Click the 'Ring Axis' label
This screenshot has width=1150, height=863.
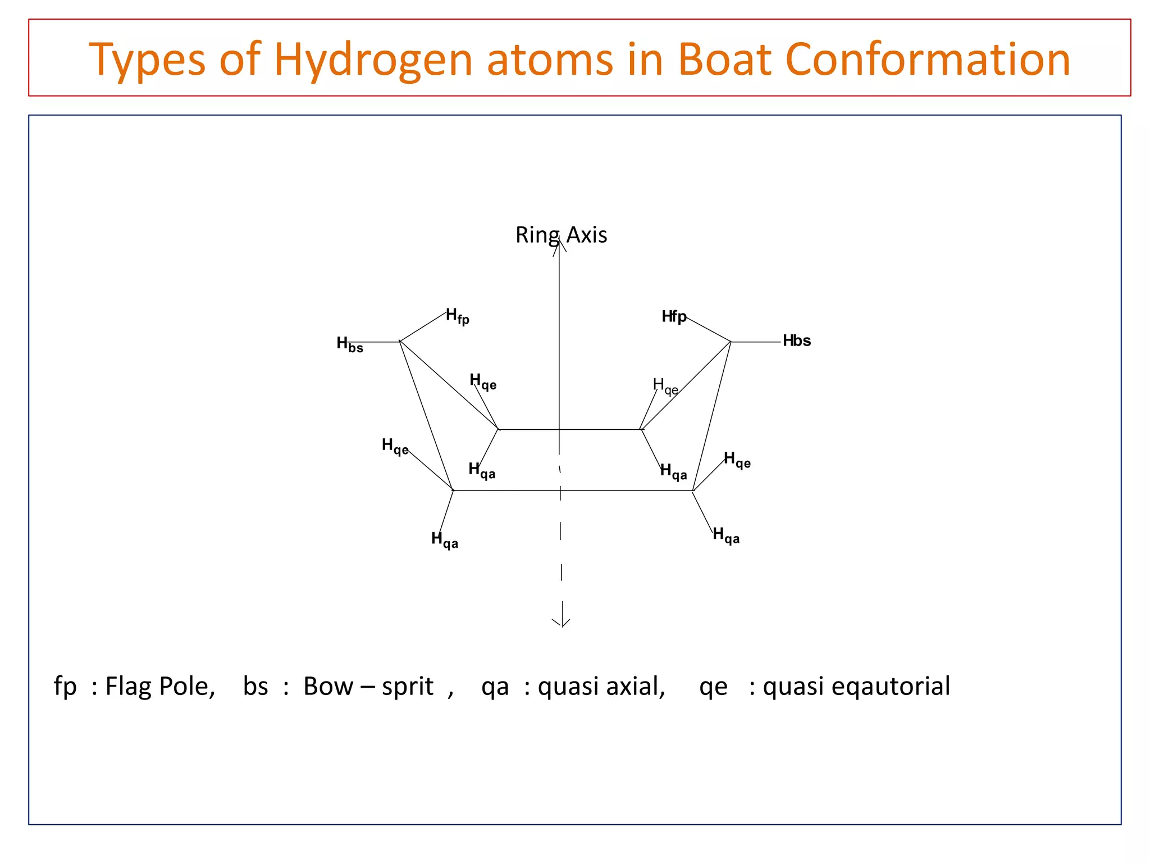click(x=561, y=235)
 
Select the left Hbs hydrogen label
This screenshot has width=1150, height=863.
click(x=350, y=344)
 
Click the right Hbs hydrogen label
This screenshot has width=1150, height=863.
click(x=796, y=340)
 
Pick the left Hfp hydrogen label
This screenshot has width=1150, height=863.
click(x=457, y=316)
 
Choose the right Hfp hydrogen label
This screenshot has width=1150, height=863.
click(x=674, y=317)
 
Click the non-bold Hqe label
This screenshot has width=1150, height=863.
click(x=665, y=386)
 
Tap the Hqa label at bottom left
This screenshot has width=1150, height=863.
click(x=444, y=540)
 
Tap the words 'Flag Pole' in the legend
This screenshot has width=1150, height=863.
click(x=159, y=686)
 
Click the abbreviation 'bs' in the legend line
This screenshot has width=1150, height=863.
click(x=255, y=686)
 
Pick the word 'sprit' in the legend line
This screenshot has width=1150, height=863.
click(x=407, y=686)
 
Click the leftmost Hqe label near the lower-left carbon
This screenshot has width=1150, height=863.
click(x=395, y=447)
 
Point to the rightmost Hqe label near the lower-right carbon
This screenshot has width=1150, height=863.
click(x=737, y=460)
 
